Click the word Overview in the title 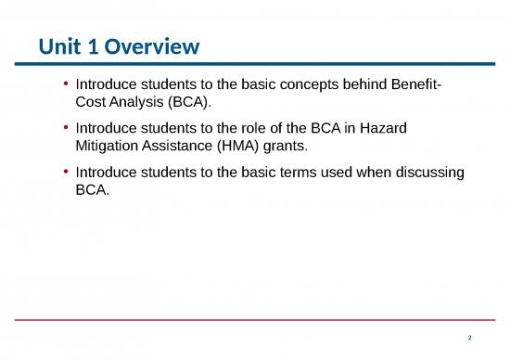tap(153, 45)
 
